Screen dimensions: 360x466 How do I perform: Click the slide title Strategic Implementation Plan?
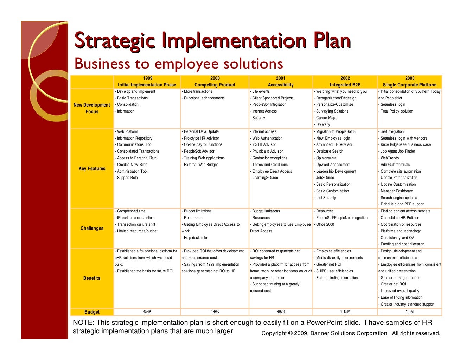coord(212,41)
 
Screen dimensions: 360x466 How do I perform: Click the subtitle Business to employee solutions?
coord(179,64)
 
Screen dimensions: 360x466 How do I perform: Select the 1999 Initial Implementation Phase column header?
coord(147,82)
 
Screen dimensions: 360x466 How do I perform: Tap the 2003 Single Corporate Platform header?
coord(409,82)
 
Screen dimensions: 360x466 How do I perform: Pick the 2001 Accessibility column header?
coord(280,82)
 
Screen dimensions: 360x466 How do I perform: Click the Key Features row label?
coord(92,169)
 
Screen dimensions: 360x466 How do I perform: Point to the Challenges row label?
coord(92,229)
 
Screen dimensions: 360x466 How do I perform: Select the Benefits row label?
coord(92,278)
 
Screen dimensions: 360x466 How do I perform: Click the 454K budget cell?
coord(147,312)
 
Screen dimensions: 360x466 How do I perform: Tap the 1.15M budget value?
coord(345,312)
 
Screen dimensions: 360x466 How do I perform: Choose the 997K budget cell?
coord(281,312)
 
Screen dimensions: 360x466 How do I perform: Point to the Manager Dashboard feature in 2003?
coord(397,191)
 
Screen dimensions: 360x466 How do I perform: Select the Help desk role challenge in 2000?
coord(195,238)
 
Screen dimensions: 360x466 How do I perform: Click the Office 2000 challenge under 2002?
coord(325,225)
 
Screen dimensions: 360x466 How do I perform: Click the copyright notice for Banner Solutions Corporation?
coord(351,333)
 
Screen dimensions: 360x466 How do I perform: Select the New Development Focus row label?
coord(92,108)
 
